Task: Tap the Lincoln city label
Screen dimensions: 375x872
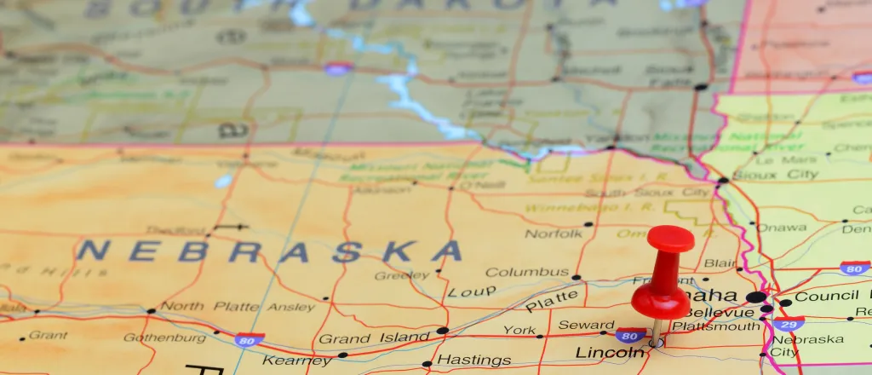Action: [610, 352]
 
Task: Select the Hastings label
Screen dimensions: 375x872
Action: [473, 360]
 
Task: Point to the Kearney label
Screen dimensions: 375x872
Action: [295, 361]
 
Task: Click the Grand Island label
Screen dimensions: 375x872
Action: [374, 338]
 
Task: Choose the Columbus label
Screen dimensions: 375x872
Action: [526, 273]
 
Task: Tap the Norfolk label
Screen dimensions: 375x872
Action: [554, 234]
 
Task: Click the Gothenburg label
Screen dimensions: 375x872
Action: [165, 337]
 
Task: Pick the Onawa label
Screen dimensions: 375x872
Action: [782, 228]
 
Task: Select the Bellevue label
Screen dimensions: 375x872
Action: [705, 313]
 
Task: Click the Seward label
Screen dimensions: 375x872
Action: [586, 325]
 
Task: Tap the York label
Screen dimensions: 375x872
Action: [519, 330]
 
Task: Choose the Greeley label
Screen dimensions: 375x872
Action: [402, 275]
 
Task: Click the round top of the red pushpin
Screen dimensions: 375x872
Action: [671, 238]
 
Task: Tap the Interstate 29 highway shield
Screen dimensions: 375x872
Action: [790, 325]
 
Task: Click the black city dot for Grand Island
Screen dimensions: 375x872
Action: [442, 330]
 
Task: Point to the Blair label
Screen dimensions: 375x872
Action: [720, 263]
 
